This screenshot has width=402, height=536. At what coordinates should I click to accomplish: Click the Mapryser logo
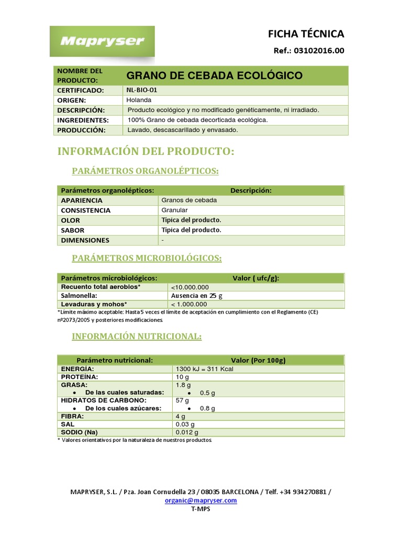point(102,41)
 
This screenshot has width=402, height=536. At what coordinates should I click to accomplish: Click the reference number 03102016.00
point(320,51)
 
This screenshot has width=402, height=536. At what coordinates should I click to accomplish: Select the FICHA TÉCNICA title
point(306,34)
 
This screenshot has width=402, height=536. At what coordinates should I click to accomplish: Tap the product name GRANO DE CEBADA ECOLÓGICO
point(215,75)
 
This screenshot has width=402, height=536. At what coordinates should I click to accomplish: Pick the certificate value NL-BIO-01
point(141,90)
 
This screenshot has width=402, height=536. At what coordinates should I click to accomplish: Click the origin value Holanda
point(139,100)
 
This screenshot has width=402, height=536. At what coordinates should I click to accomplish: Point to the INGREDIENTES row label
point(83,120)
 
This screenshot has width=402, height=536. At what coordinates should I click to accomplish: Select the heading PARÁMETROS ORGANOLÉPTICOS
point(145,171)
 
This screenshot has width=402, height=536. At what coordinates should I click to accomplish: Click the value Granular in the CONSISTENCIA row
point(175,210)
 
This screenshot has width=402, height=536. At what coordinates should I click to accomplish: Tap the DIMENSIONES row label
point(85,240)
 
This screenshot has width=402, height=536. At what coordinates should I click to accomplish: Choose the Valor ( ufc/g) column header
point(255,278)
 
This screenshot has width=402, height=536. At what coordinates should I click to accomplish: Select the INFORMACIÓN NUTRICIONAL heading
point(136,337)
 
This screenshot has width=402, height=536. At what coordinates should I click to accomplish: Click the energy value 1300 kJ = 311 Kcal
point(205,369)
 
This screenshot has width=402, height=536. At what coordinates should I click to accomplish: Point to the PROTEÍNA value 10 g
point(182,377)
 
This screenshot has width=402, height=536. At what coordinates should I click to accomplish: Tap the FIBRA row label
point(72,416)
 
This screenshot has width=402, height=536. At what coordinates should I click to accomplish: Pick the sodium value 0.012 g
point(187,432)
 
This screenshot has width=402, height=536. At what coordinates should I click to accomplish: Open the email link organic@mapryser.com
point(200,500)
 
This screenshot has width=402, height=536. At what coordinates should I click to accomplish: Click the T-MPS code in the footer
point(200,509)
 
